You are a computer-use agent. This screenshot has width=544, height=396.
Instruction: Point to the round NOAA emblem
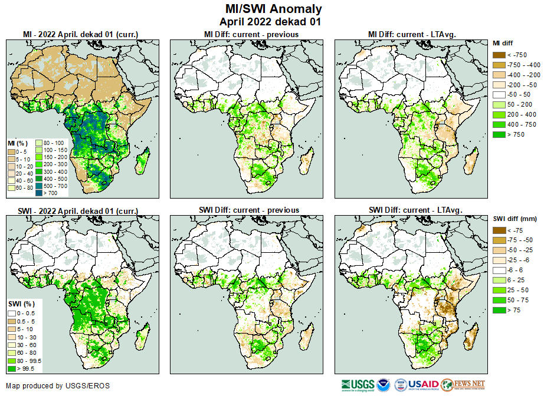[384, 385]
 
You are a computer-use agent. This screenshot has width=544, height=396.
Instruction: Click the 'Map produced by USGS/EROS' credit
[58, 386]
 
